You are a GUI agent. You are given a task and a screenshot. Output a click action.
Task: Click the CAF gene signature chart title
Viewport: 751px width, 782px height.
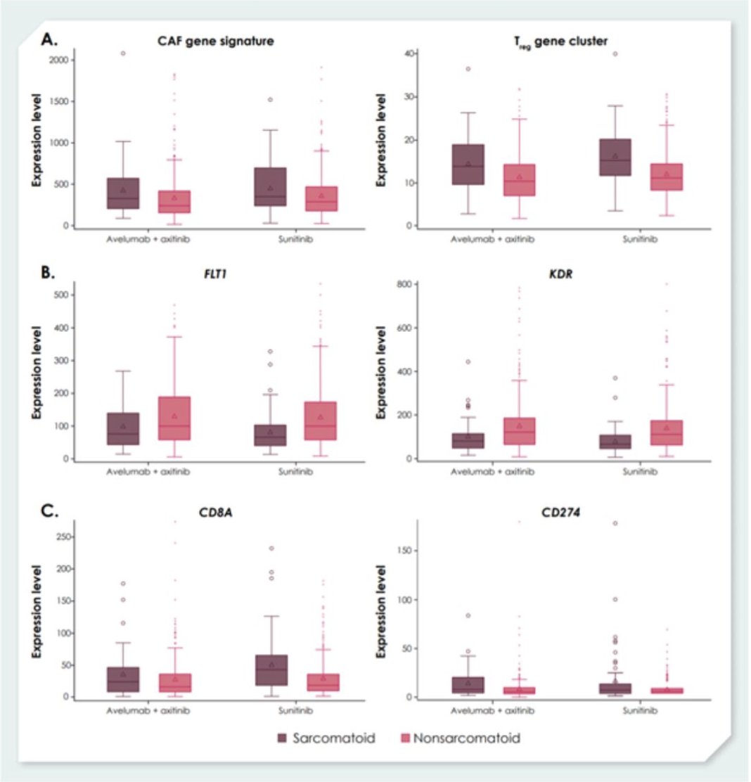(215, 41)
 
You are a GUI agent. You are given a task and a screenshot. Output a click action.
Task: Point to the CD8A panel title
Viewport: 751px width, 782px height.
(214, 509)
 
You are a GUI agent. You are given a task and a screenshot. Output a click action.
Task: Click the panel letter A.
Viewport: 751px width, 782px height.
(49, 39)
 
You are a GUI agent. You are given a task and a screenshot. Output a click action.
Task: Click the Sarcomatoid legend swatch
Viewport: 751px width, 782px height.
(283, 738)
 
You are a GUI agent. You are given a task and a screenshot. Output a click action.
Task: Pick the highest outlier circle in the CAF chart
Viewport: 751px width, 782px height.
(123, 53)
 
